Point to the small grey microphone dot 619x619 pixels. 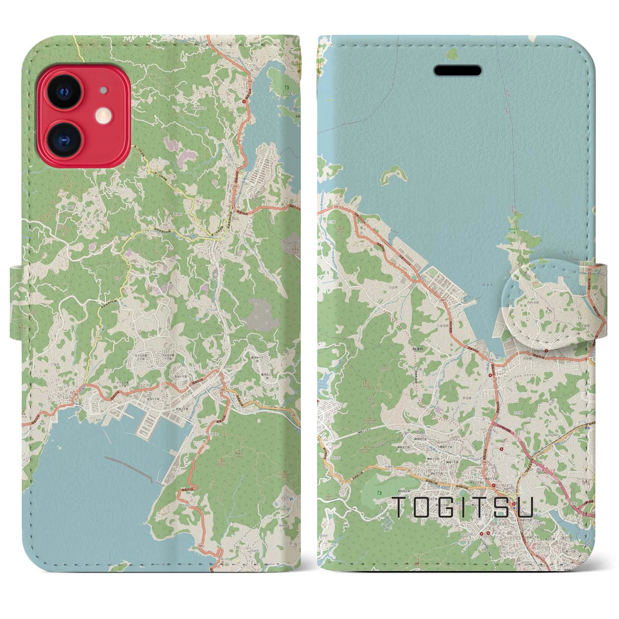(103, 90)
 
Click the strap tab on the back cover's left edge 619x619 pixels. (16, 302)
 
